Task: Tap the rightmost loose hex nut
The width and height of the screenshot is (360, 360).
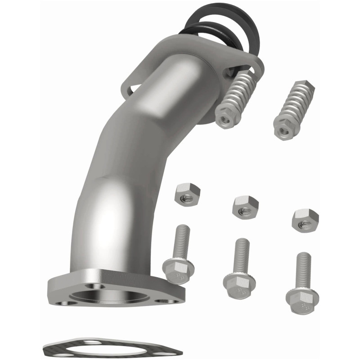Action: click(x=305, y=219)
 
